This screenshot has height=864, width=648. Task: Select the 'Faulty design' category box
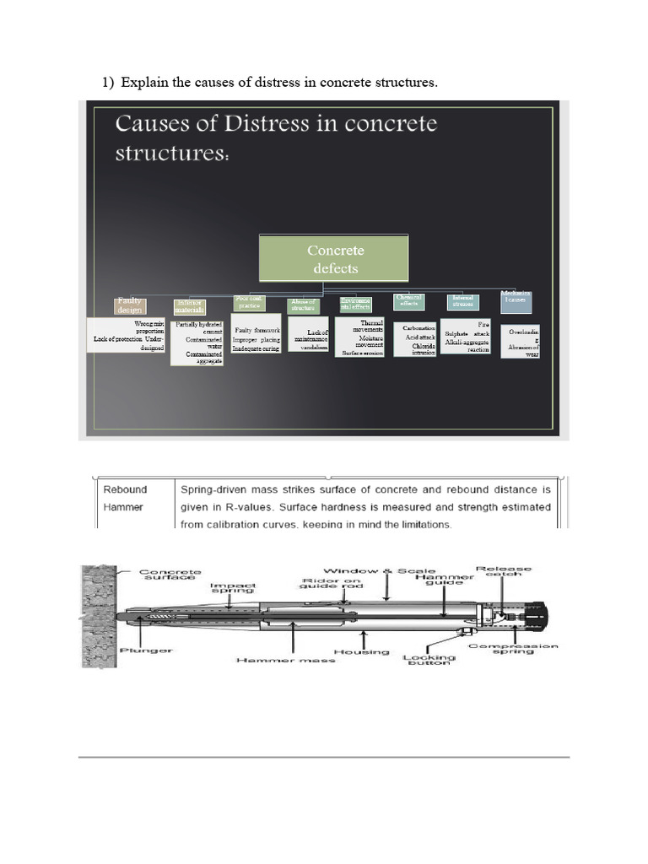pyautogui.click(x=131, y=305)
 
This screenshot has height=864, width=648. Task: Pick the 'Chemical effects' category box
pyautogui.click(x=409, y=300)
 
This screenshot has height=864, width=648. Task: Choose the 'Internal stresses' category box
pyautogui.click(x=462, y=301)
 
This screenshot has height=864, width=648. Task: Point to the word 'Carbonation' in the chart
pyautogui.click(x=418, y=328)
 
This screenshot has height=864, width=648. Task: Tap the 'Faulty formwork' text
pyautogui.click(x=256, y=330)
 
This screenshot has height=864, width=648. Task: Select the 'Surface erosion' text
pyautogui.click(x=362, y=354)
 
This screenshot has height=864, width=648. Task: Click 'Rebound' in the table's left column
pyautogui.click(x=125, y=489)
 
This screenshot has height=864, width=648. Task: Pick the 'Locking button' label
pyautogui.click(x=429, y=659)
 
